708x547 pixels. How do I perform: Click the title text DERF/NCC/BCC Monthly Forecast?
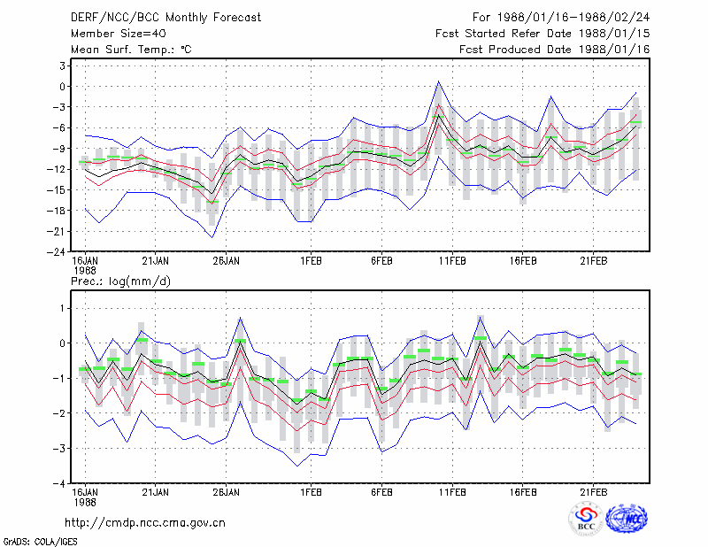click(165, 18)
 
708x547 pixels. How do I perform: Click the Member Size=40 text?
click(119, 34)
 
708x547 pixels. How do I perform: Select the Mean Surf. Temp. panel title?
click(131, 50)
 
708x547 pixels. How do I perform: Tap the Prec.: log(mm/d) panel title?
click(120, 281)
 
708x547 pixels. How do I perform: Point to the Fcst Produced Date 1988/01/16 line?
click(555, 50)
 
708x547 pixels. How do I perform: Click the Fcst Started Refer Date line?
click(543, 34)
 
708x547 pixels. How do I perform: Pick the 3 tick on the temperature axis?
click(62, 66)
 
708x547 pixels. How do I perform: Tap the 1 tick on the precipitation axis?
click(62, 309)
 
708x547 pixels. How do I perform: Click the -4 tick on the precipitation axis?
click(59, 484)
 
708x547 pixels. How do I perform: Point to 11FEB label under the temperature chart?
click(452, 261)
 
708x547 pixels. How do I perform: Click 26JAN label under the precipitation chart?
click(227, 492)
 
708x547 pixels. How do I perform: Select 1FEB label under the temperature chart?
click(312, 261)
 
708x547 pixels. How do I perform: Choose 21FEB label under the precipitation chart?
click(593, 492)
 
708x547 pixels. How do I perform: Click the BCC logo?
click(586, 519)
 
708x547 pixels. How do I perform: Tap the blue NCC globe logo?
click(627, 519)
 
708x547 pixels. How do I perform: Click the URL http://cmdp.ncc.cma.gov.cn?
click(145, 523)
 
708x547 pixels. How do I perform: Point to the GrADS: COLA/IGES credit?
click(40, 542)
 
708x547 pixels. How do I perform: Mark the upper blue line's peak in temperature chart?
click(438, 81)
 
